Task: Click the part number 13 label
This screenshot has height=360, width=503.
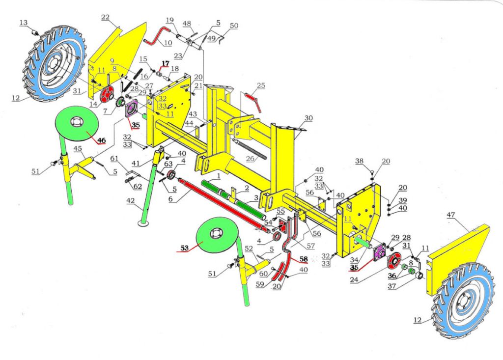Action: pos(24,23)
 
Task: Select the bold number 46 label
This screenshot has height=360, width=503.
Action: pos(101,140)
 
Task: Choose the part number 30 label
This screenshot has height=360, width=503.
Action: pos(308,118)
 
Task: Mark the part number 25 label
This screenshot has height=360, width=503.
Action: pos(261,86)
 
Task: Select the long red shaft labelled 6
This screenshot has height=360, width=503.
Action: pos(221,204)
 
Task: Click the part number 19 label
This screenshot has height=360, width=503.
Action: pos(169,21)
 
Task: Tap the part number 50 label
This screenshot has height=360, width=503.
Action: pos(234,26)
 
